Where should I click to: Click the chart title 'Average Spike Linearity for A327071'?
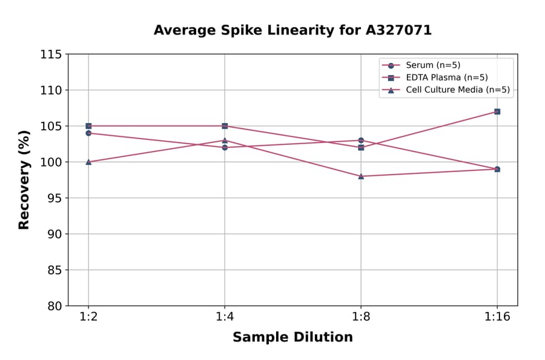292,30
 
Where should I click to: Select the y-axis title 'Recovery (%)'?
24,180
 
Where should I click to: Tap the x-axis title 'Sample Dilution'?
292,338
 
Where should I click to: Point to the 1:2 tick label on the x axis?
88,317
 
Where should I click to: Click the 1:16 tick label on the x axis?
497,317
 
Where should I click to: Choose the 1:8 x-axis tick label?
361,317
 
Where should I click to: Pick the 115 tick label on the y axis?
51,55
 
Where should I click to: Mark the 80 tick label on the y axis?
54,306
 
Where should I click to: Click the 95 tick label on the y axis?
54,198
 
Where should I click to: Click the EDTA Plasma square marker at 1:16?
497,112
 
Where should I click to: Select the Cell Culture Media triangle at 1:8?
361,176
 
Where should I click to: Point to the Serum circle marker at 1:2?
88,133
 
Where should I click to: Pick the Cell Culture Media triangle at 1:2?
88,162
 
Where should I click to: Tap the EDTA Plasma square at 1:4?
225,126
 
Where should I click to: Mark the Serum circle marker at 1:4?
225,147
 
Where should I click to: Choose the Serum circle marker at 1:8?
361,141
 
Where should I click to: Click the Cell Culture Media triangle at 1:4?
225,141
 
